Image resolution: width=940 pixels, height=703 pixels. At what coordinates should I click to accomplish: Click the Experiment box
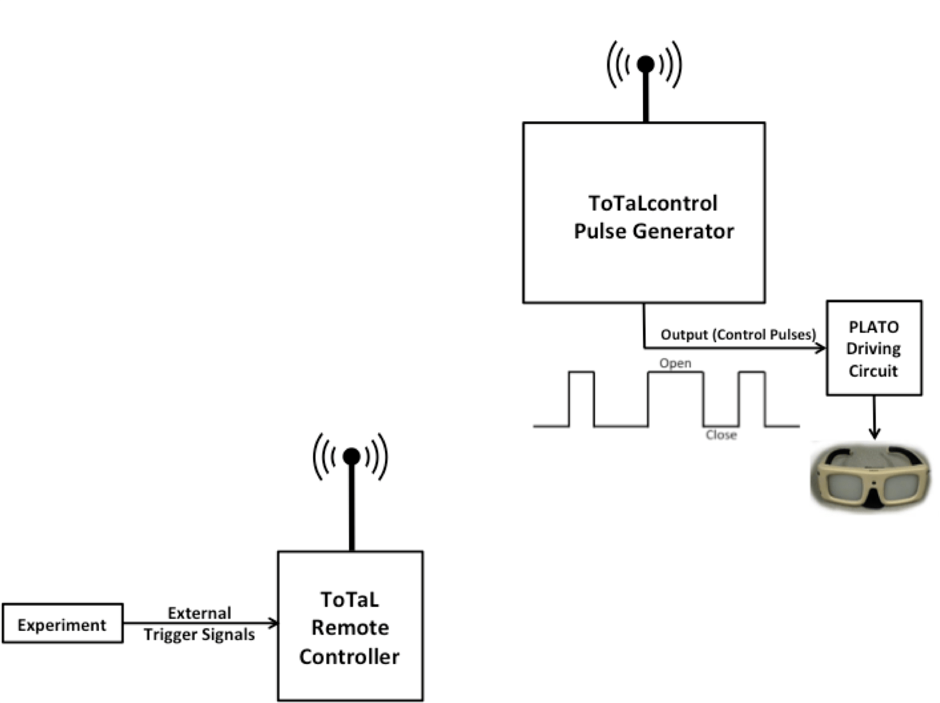point(63,624)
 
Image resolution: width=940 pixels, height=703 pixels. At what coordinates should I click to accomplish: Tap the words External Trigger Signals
point(199,624)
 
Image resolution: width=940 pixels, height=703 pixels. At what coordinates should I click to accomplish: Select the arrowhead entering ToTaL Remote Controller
point(273,623)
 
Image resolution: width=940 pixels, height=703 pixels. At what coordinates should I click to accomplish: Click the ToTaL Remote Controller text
point(349,628)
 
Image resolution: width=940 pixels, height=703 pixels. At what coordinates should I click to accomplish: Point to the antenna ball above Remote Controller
point(351,456)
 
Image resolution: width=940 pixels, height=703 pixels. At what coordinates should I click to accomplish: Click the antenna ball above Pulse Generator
point(646,64)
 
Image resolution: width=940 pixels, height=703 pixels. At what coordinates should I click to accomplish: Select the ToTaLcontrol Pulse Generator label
point(653,217)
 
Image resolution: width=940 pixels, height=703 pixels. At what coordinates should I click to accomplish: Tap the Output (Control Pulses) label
point(738,335)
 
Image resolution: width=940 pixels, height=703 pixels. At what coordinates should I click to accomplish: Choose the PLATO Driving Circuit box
point(874,349)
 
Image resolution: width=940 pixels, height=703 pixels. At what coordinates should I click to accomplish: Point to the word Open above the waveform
point(675,363)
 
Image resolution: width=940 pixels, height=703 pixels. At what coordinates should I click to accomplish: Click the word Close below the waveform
point(721,435)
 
